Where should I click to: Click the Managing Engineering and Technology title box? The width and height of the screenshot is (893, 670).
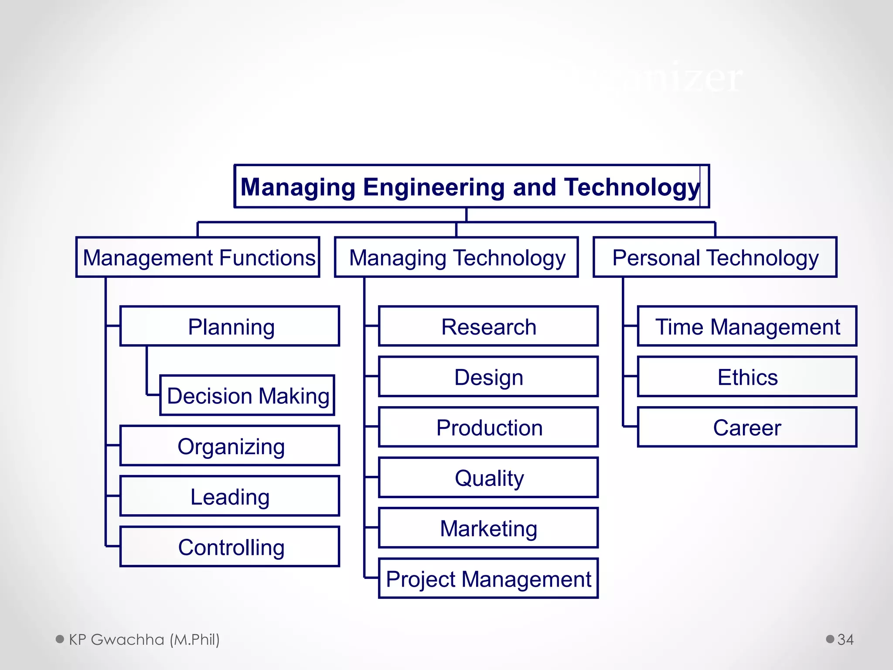pos(472,186)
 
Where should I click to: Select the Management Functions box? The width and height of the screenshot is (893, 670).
pos(198,257)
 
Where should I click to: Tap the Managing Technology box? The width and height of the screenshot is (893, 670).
pos(457,257)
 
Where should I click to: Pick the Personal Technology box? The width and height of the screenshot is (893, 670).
pos(715,257)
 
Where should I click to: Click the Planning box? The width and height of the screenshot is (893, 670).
pos(230,326)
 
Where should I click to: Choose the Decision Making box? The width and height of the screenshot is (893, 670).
pos(247,395)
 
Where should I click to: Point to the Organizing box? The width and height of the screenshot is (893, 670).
pos(230,446)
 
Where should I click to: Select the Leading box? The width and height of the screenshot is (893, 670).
pos(230,496)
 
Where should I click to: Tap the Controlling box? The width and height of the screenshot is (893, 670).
pos(230,547)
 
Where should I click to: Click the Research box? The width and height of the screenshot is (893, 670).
pos(488,326)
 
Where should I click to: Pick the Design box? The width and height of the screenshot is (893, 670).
pos(488,377)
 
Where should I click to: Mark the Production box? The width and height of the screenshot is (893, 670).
pos(488,427)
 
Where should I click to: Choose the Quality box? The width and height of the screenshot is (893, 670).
pos(488,478)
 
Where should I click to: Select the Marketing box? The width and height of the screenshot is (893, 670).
pos(488,528)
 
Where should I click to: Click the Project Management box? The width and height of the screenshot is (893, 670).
pos(488,578)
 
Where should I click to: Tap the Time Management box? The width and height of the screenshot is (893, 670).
pos(747,326)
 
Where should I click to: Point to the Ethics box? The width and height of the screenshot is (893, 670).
pos(747,377)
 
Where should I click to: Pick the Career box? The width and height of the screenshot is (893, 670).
pos(747,427)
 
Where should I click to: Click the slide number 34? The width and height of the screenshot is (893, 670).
pos(845,639)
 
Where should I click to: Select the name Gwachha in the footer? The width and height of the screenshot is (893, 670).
pos(127,639)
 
